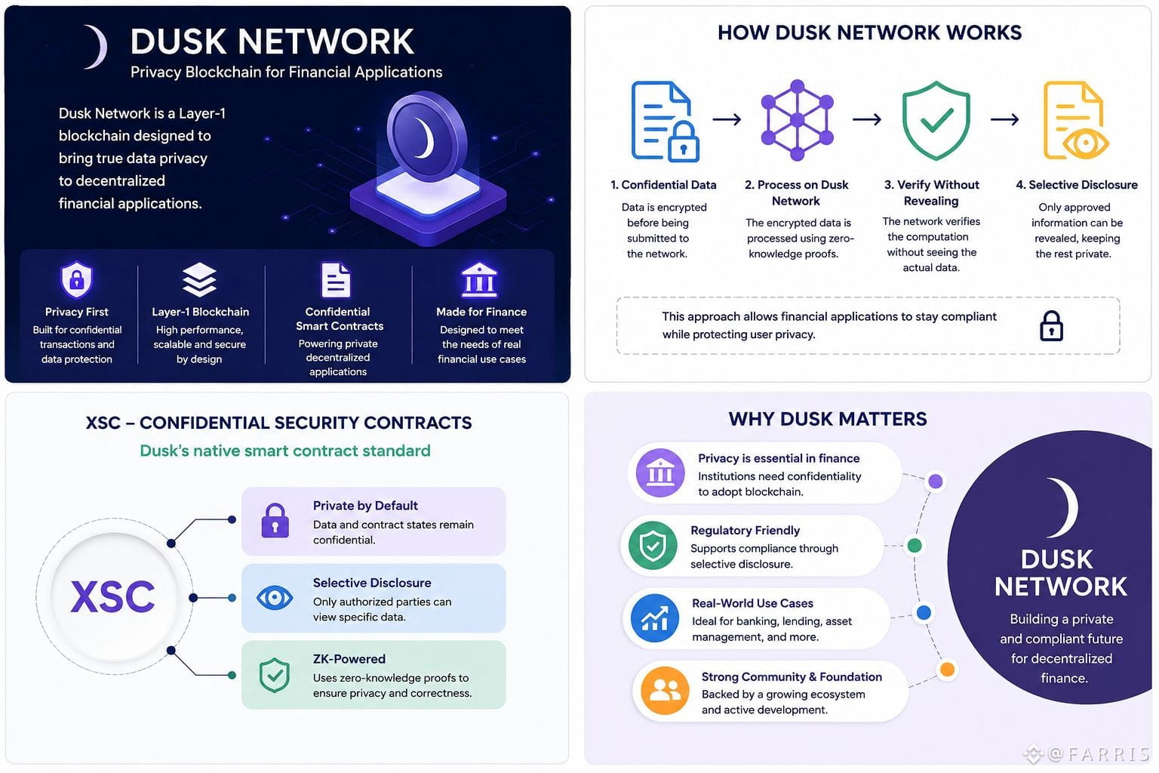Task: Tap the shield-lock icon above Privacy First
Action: pos(76,279)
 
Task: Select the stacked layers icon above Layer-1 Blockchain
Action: pos(199,279)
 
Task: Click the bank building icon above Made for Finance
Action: pos(480,279)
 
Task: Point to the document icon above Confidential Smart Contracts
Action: pos(336,280)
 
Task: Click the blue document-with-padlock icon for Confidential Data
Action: pos(665,121)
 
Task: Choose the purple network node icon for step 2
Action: pos(798,119)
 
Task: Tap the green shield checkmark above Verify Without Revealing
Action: pos(936,120)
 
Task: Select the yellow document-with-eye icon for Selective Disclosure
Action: pos(1075,120)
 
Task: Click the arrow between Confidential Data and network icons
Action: pos(727,119)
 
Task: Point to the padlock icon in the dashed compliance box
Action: pos(1051,325)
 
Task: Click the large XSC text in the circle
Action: pos(112,596)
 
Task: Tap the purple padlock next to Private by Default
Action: pos(275,520)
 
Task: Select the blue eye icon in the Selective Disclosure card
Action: pos(274,598)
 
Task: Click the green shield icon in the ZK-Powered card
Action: pos(274,675)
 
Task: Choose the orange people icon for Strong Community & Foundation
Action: pos(665,690)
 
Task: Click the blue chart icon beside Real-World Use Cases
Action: pos(654,618)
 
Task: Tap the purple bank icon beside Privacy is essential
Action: pos(660,473)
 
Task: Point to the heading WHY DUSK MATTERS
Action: pos(827,419)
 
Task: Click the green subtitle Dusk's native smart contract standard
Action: pos(285,451)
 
